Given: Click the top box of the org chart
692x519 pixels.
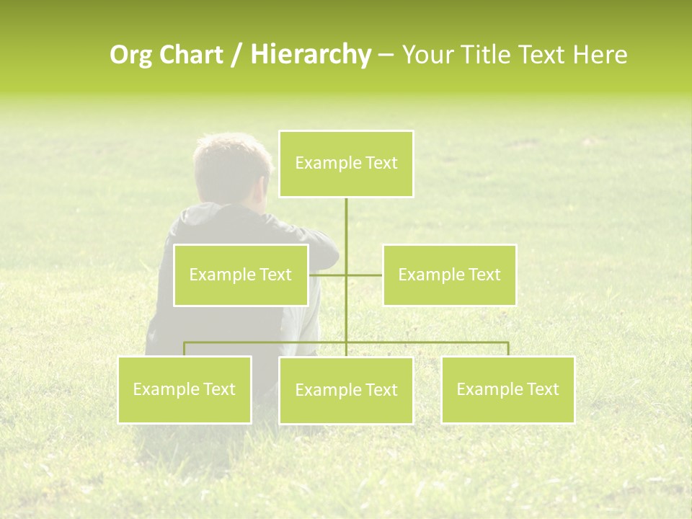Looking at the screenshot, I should click(346, 164).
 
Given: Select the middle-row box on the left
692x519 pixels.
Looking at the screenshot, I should click(241, 275).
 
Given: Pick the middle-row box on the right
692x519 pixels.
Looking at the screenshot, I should click(449, 275).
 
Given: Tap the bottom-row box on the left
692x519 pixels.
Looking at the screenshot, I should click(185, 389).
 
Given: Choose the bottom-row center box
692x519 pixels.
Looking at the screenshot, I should click(346, 390).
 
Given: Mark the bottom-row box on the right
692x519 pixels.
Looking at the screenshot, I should click(507, 389).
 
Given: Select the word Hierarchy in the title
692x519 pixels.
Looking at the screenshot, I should click(311, 55).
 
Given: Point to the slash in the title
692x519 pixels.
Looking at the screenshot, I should click(238, 55).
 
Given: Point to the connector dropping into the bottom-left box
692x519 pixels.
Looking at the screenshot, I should click(185, 349).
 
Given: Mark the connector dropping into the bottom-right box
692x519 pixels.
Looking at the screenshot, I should click(507, 349).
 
